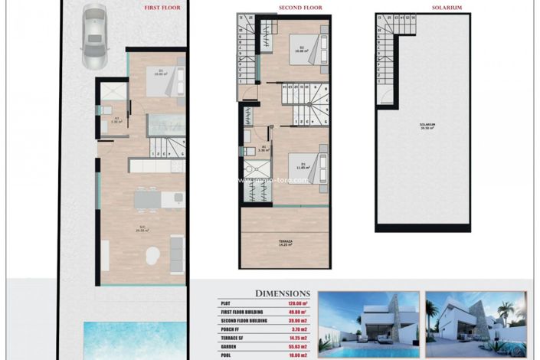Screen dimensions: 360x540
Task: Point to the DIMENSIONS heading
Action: [283, 293]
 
